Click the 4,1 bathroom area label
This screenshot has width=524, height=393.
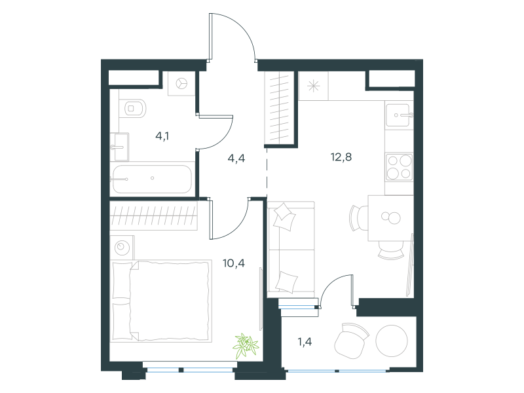(x=162, y=136)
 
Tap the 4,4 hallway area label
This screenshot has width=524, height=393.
(x=236, y=158)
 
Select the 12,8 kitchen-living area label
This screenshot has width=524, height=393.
(x=341, y=157)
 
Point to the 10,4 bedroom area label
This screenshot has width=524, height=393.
(x=234, y=263)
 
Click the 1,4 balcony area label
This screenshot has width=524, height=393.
(x=305, y=341)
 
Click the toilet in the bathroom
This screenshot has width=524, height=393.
(x=133, y=108)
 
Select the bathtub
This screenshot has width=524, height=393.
(x=152, y=179)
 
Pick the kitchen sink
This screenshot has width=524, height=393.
(x=399, y=115)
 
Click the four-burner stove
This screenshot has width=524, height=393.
(x=399, y=167)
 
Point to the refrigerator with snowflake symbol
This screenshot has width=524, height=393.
(x=314, y=86)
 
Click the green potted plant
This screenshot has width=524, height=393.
(x=247, y=345)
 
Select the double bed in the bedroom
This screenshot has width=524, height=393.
(x=161, y=301)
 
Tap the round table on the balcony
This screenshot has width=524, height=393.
(x=392, y=341)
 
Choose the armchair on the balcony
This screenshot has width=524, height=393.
(x=351, y=341)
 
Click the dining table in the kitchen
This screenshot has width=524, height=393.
(x=390, y=218)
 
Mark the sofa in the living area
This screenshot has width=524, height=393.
(x=291, y=250)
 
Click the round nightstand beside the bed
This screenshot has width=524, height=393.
(x=122, y=248)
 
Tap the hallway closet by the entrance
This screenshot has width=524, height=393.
(x=279, y=109)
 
